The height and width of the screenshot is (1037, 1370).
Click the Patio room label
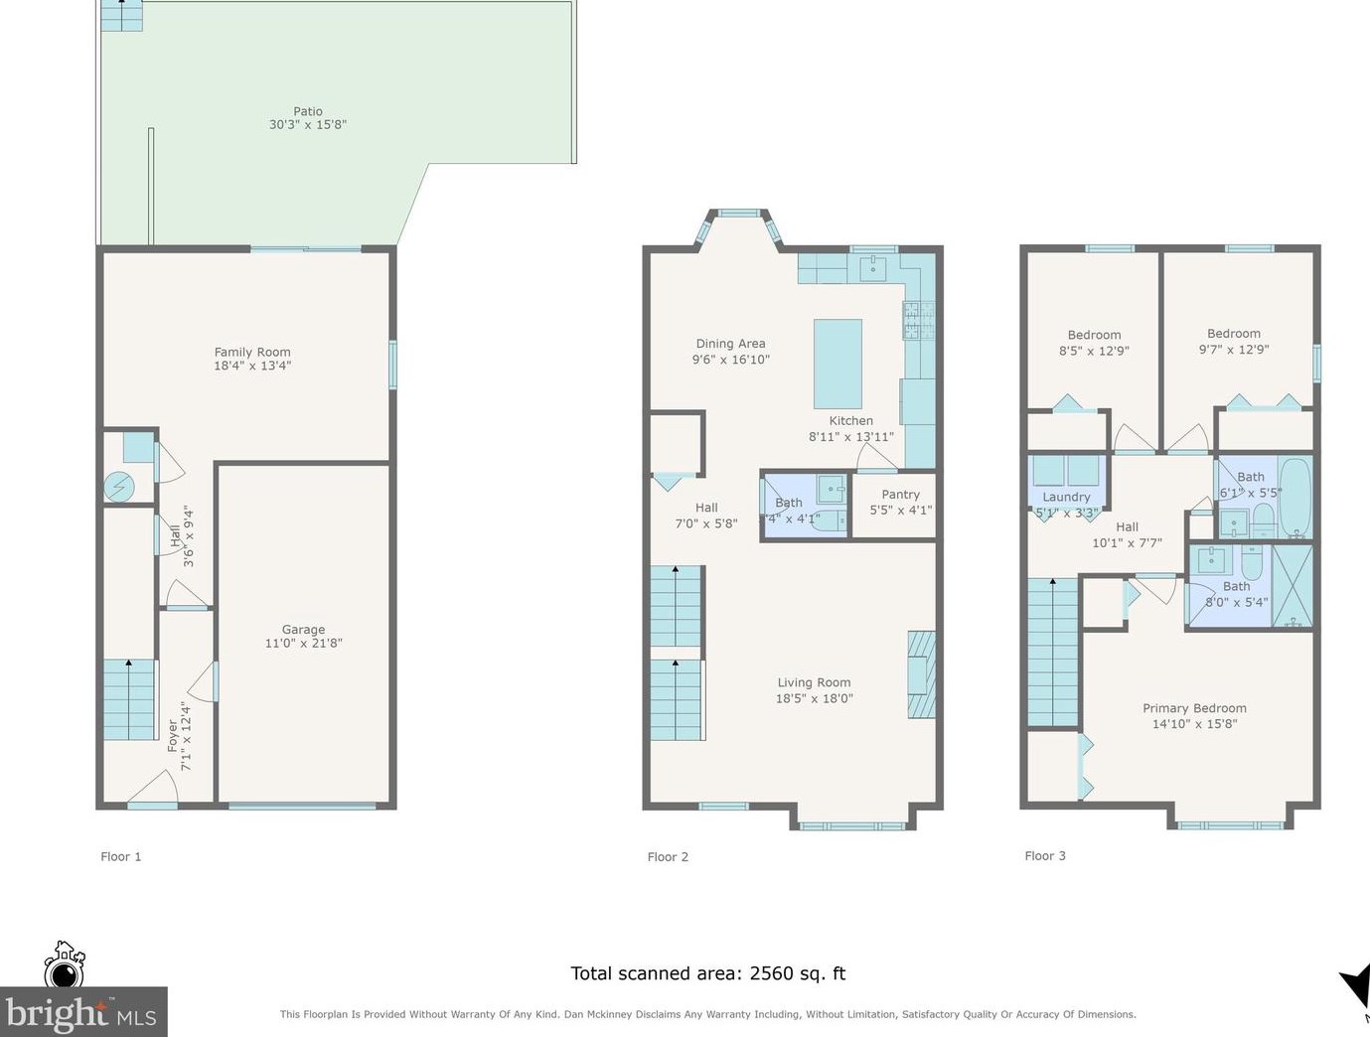[308, 111]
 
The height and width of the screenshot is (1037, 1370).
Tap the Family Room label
[252, 352]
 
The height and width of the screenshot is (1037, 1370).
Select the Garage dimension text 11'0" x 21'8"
[303, 643]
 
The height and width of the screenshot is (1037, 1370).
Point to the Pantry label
[900, 495]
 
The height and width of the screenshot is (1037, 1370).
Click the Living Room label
[814, 682]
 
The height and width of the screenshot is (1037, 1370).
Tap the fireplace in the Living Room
[921, 674]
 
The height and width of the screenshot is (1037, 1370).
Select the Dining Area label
[730, 343]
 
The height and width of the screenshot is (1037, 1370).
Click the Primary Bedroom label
[1194, 708]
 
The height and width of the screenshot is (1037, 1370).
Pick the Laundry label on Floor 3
[1066, 497]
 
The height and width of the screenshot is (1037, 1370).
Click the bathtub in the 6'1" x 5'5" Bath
[1295, 498]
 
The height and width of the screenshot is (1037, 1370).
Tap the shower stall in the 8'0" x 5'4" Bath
[1292, 586]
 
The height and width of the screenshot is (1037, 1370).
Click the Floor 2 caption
[668, 856]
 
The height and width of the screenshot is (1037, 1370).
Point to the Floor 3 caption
[1045, 855]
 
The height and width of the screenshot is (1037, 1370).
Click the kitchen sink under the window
[873, 268]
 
